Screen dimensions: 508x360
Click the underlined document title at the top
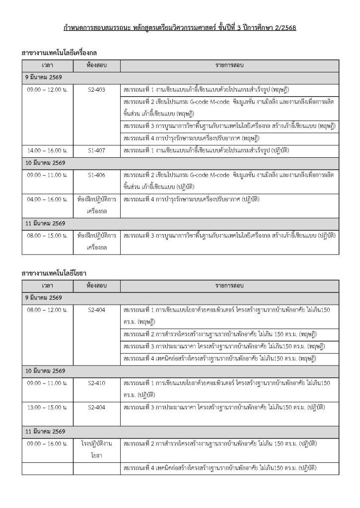180,28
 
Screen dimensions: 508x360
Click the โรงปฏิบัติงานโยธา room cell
96,449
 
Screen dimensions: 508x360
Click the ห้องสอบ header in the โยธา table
96,286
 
